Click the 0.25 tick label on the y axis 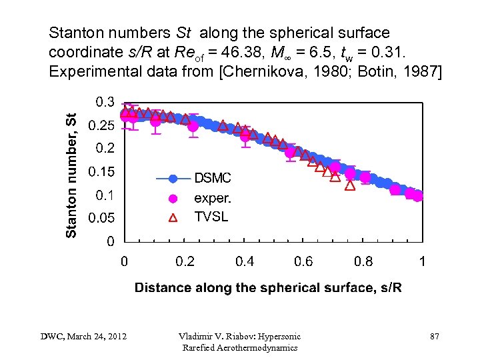tap(102, 125)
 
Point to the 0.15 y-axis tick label tap(102, 172)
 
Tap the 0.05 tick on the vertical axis tap(102, 218)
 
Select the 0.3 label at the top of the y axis tap(105, 102)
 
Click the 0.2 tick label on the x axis tap(185, 262)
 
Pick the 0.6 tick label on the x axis tap(303, 262)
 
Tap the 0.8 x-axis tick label tap(363, 262)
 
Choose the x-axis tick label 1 tap(421, 262)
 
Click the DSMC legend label tap(213, 179)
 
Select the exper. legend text tap(213, 198)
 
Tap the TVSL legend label tap(211, 217)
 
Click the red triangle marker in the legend tap(173, 217)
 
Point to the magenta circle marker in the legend tap(173, 198)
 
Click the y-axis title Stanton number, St tap(71, 174)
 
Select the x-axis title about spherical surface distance tap(268, 288)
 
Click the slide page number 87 tap(434, 337)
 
